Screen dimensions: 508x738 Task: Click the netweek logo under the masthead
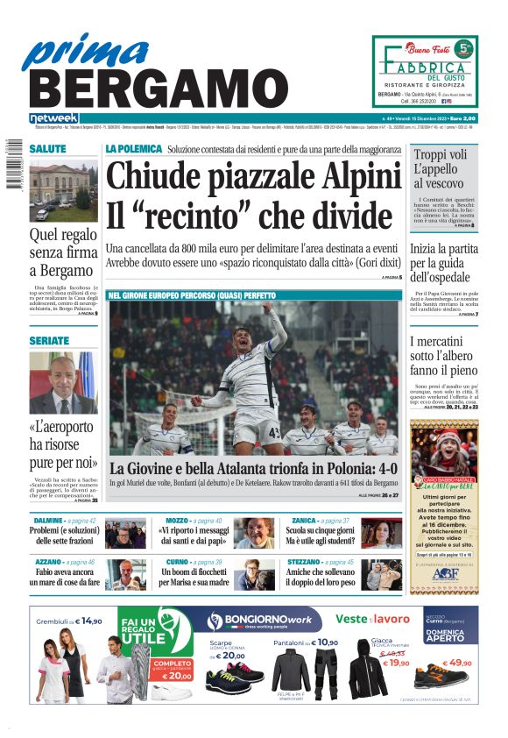tap(53, 118)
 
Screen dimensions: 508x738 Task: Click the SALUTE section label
tap(47, 149)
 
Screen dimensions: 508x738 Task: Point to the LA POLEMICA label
tap(134, 149)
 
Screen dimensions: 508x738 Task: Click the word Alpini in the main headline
tap(342, 175)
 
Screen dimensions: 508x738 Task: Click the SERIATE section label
tap(48, 339)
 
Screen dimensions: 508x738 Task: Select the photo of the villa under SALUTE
tap(64, 192)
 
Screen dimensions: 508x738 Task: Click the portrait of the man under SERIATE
tap(63, 382)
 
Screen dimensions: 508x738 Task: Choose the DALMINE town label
tap(47, 521)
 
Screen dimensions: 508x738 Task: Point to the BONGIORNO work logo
tap(258, 621)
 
